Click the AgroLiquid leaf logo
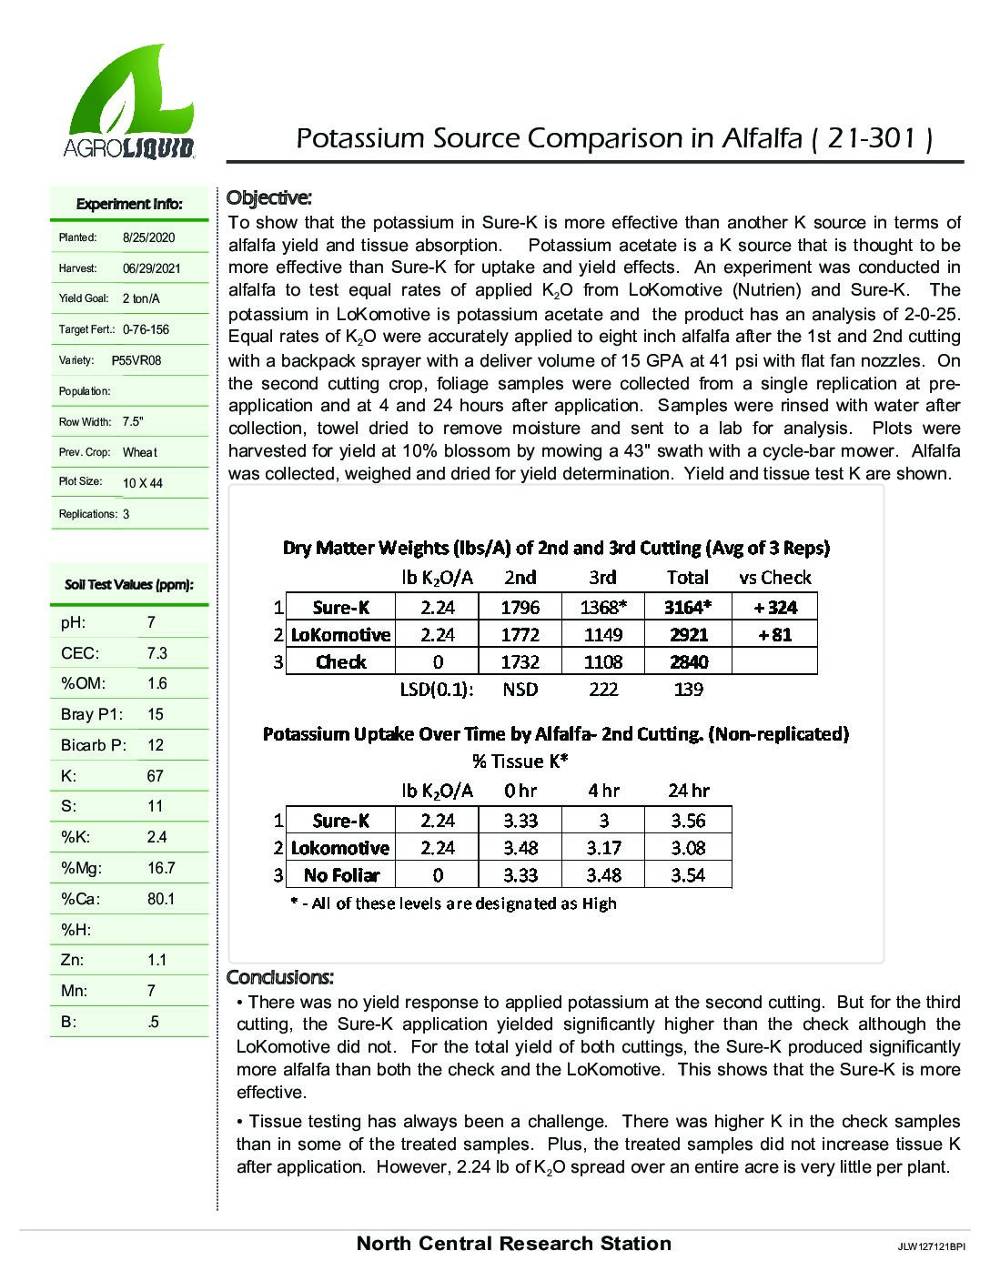(128, 101)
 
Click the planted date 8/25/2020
(148, 237)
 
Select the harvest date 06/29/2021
(151, 268)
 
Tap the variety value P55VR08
(136, 360)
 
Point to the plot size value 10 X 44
(143, 483)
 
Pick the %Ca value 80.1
(161, 899)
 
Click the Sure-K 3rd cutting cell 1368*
(602, 607)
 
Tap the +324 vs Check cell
(774, 607)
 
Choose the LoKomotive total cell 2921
(689, 634)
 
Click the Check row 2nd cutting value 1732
(520, 661)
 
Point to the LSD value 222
(603, 689)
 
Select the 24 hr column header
(688, 790)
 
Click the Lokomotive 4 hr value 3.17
(603, 848)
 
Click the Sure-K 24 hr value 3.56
(688, 821)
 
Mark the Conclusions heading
(280, 977)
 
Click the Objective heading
(269, 197)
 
